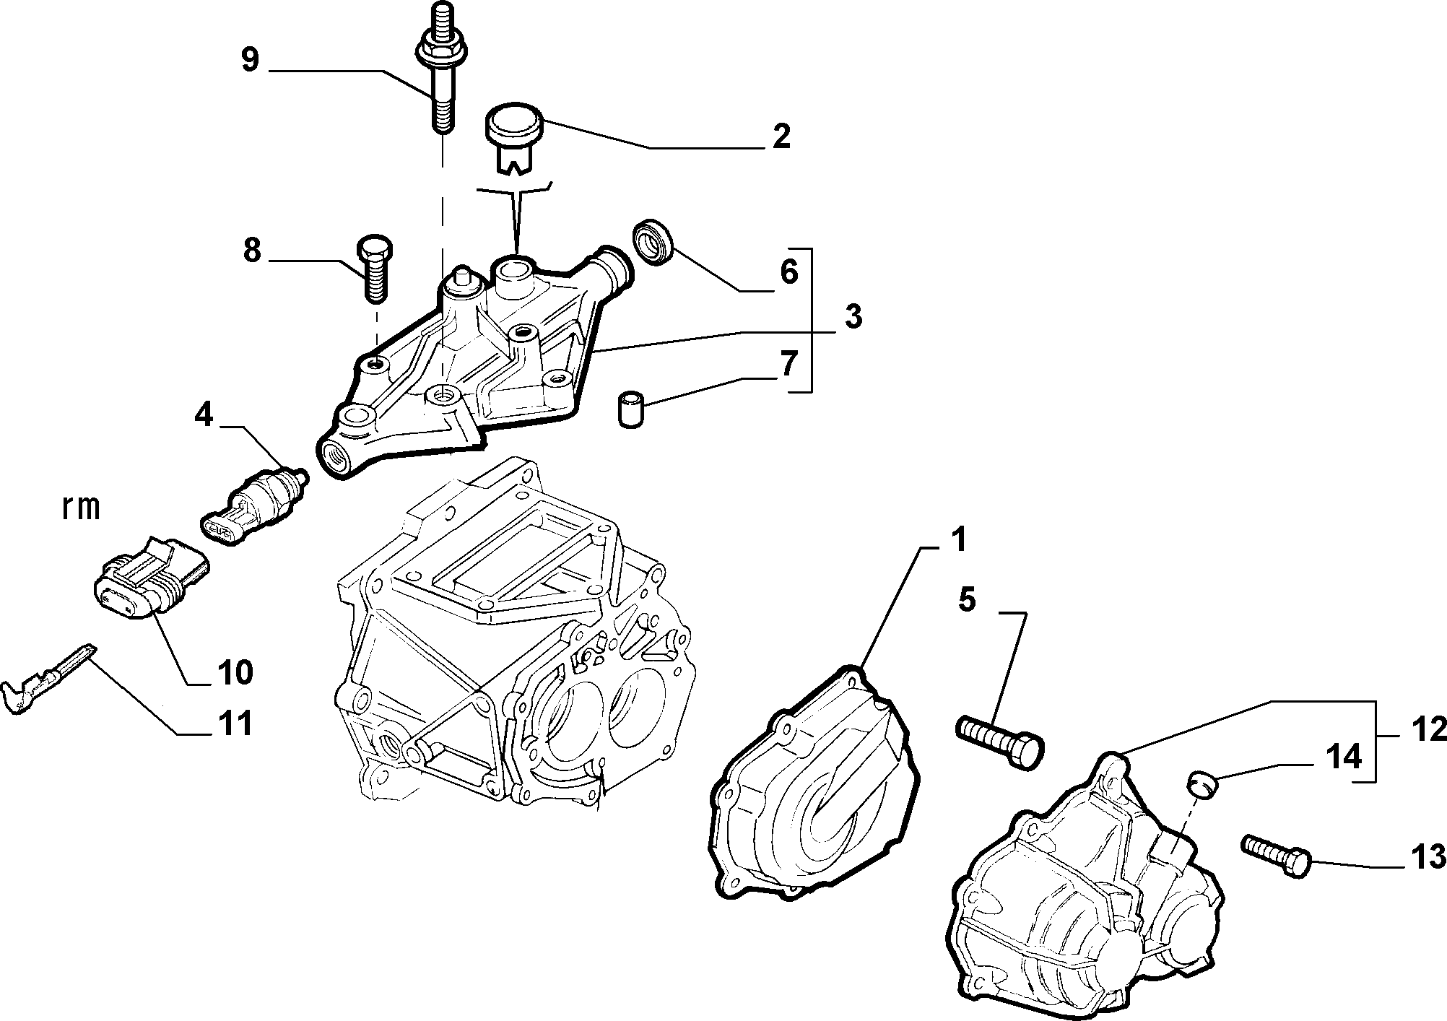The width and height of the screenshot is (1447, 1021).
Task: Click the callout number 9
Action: (250, 60)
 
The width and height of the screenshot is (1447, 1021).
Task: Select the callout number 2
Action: (780, 136)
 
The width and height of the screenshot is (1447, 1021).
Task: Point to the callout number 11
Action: (236, 723)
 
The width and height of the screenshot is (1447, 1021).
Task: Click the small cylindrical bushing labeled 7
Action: (632, 409)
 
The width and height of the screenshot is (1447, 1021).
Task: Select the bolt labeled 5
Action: (1000, 743)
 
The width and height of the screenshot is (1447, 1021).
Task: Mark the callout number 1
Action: (957, 542)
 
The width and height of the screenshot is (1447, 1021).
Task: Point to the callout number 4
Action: (204, 415)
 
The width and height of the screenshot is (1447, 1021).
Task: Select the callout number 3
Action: (853, 316)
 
